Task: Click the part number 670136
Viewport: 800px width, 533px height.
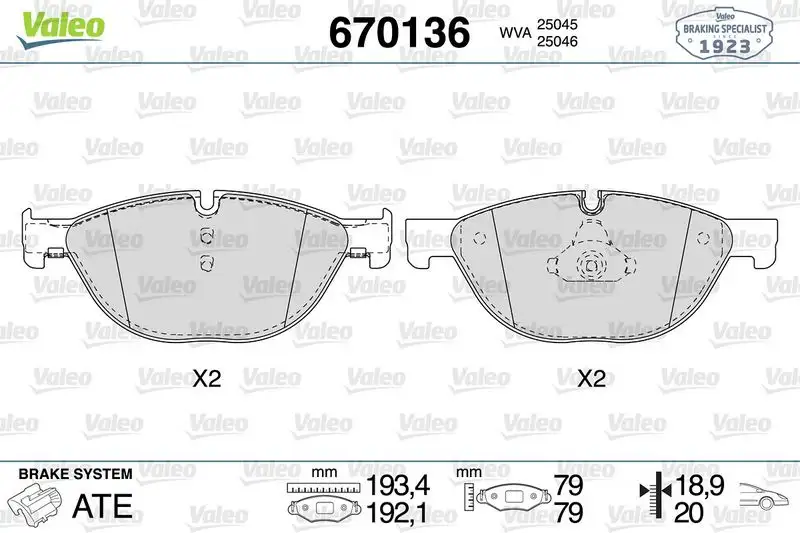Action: pyautogui.click(x=399, y=32)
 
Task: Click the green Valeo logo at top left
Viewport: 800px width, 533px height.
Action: pyautogui.click(x=60, y=28)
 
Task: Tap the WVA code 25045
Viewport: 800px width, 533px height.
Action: pyautogui.click(x=557, y=24)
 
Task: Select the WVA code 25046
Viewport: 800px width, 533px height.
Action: pyautogui.click(x=557, y=41)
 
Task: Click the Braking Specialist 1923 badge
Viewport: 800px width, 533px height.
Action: pyautogui.click(x=724, y=34)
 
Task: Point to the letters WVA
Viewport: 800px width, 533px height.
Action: pyautogui.click(x=515, y=33)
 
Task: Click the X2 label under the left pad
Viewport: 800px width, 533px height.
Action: pyautogui.click(x=207, y=378)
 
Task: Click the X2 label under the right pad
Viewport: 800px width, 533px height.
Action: pyautogui.click(x=591, y=378)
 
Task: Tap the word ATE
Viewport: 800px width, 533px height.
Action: pyautogui.click(x=103, y=505)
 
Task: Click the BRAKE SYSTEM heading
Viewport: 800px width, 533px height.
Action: pyautogui.click(x=76, y=474)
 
